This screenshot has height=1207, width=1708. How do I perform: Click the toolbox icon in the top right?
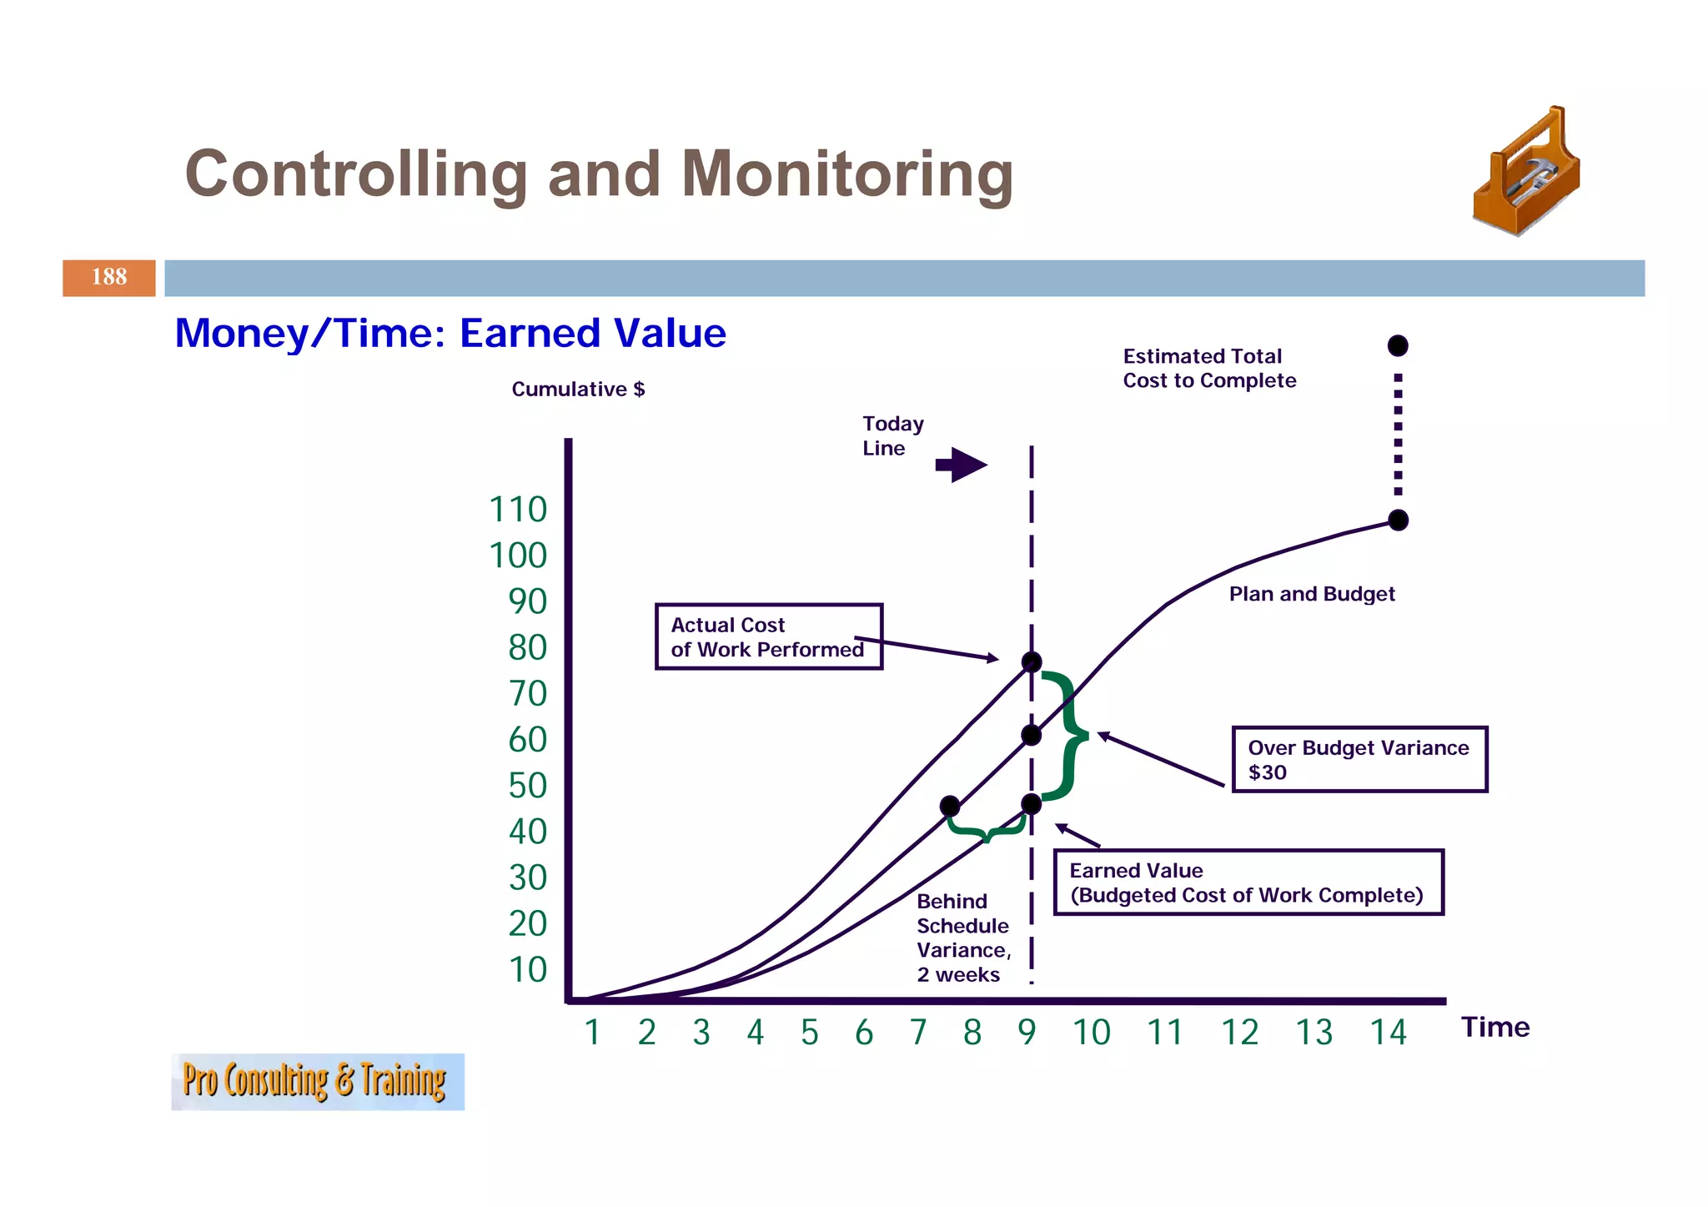(x=1526, y=173)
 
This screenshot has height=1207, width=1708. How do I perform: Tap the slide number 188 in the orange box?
(x=108, y=278)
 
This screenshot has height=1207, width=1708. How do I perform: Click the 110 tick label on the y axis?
(x=518, y=510)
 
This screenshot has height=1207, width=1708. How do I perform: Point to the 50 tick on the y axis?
(x=527, y=786)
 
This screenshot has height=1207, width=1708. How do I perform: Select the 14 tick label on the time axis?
(x=1388, y=1033)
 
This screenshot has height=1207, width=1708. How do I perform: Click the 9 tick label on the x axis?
(x=1027, y=1033)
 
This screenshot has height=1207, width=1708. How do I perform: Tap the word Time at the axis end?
(x=1494, y=1027)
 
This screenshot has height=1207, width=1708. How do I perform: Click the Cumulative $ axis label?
(x=578, y=390)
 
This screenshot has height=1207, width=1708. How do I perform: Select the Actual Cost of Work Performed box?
(x=768, y=637)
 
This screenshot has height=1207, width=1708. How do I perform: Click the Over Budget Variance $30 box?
(x=1359, y=759)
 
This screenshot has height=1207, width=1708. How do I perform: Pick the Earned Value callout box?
(x=1248, y=883)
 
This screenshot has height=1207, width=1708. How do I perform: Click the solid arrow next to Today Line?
(x=962, y=465)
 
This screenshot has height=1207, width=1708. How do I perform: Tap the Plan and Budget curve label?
(x=1311, y=594)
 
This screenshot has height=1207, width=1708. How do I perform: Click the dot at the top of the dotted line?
(x=1398, y=345)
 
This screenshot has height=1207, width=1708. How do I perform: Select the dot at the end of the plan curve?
(x=1398, y=521)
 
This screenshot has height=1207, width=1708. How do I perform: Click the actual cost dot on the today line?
(x=1032, y=662)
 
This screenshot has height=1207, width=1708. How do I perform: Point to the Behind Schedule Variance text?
(x=963, y=938)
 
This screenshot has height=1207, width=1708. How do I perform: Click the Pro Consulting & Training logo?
(x=317, y=1082)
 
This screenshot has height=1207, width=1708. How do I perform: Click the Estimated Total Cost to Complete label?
(x=1208, y=369)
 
